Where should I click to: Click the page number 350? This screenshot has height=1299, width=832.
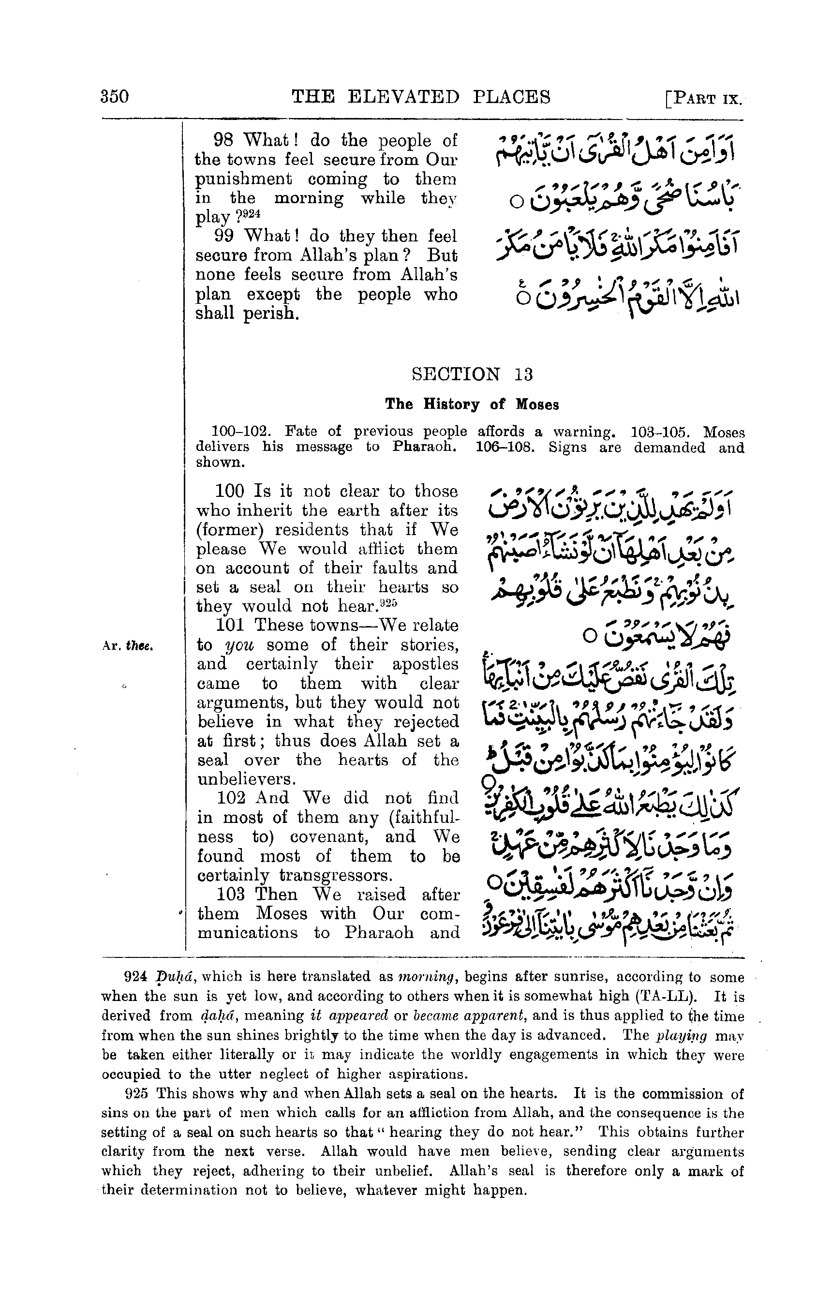tap(115, 97)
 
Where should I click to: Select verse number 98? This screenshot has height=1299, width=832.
tap(223, 140)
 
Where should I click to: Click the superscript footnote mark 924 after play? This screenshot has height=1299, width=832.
tap(251, 213)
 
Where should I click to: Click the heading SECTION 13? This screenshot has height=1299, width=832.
tap(472, 374)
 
